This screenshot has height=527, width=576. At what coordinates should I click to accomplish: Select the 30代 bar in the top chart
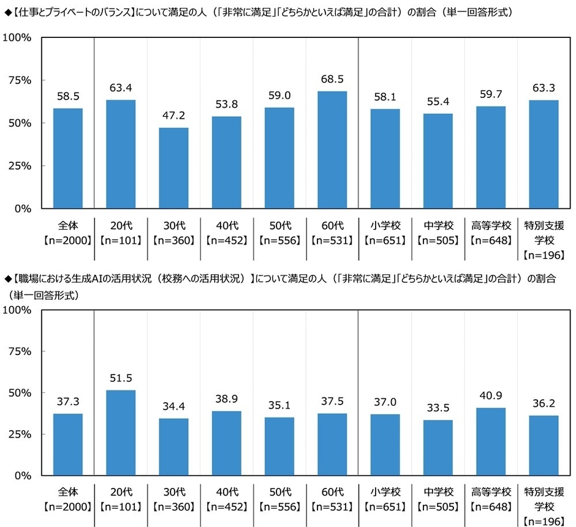(x=173, y=168)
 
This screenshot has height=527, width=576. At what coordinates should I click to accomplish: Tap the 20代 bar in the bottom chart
(x=121, y=433)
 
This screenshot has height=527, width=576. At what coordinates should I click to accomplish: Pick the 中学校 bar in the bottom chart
(x=438, y=447)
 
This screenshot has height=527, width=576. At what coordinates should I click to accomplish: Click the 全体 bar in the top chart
(x=67, y=159)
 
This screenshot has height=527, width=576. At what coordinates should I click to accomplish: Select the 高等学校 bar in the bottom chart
(x=490, y=441)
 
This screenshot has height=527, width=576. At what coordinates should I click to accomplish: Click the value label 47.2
(x=173, y=116)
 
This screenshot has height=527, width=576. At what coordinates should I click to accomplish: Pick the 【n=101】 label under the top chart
(x=121, y=239)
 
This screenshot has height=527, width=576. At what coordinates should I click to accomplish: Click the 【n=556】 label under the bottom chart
(x=279, y=506)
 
